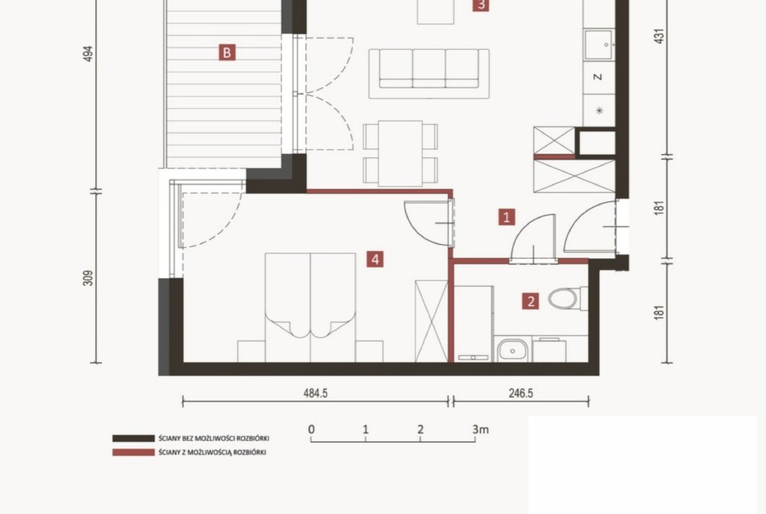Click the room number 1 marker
[x=507, y=217]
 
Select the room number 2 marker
[x=531, y=301]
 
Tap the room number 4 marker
[x=375, y=259]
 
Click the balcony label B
[x=227, y=52]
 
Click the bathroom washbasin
[x=513, y=350]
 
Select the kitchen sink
[x=599, y=45]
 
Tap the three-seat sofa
[x=429, y=73]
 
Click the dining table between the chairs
[x=400, y=153]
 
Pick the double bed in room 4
[x=310, y=307]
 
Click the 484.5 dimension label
[x=316, y=394]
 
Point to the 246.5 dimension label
[x=520, y=394]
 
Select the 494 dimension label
[x=88, y=54]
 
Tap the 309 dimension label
[x=88, y=278]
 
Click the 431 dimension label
[x=659, y=36]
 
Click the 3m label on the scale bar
[x=480, y=430]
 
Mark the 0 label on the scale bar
[x=311, y=430]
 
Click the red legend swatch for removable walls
[x=134, y=452]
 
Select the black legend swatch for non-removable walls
[x=134, y=438]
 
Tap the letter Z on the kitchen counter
[x=598, y=77]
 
